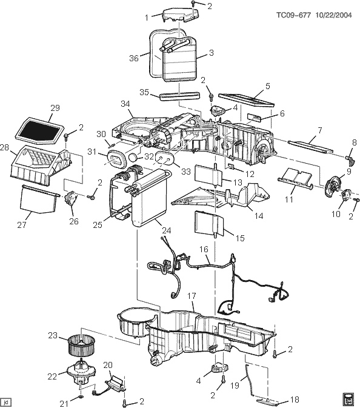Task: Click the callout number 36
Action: (x=134, y=58)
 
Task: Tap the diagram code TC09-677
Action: (x=293, y=15)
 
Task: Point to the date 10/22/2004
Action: (x=333, y=15)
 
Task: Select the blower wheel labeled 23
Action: (x=81, y=346)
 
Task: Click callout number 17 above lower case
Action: (x=192, y=296)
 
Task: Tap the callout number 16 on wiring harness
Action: (x=204, y=249)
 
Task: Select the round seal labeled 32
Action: (x=133, y=157)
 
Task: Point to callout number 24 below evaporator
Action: (x=167, y=230)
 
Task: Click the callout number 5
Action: (x=267, y=86)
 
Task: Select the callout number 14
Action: (x=259, y=216)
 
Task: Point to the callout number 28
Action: (x=4, y=147)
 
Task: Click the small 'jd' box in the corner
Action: (x=7, y=401)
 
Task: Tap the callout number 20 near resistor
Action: (x=108, y=365)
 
